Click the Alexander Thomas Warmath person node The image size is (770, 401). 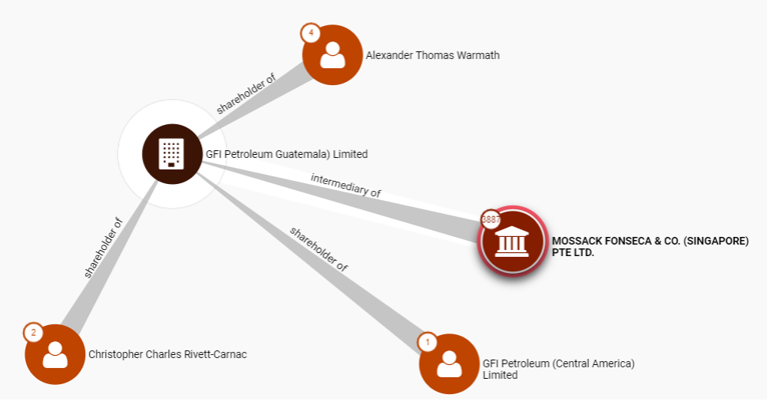click(x=332, y=55)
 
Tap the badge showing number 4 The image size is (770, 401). click(x=310, y=33)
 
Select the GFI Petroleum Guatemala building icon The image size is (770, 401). click(x=171, y=154)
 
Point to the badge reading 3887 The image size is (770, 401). click(x=490, y=219)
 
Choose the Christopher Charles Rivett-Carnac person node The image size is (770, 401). click(x=55, y=354)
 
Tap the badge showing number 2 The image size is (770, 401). click(x=33, y=333)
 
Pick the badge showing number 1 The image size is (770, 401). click(x=428, y=342)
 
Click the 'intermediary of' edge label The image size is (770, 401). click(x=345, y=185)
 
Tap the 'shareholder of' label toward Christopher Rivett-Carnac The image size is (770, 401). click(x=104, y=248)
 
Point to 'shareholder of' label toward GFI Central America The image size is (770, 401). click(x=319, y=249)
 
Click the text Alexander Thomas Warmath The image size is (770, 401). click(x=432, y=55)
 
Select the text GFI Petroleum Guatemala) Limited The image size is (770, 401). click(x=286, y=154)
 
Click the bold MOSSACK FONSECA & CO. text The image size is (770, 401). click(x=649, y=241)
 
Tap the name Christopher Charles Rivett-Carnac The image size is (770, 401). click(x=167, y=354)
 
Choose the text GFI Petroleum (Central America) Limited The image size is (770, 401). click(x=558, y=369)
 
